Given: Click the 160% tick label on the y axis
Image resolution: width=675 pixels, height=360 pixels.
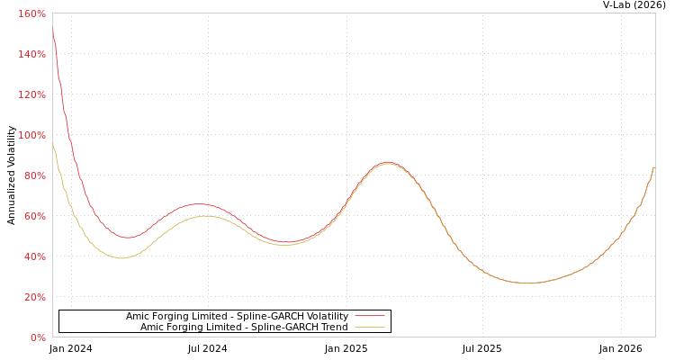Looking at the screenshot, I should tap(31, 14).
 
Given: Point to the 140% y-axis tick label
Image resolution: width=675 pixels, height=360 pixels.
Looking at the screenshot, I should tap(31, 55).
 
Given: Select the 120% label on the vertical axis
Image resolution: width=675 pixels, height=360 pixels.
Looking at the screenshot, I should tap(31, 95).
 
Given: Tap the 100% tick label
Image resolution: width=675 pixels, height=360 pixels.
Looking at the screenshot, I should tap(31, 136).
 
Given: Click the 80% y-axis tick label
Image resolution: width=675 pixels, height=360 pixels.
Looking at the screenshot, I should tap(33, 176).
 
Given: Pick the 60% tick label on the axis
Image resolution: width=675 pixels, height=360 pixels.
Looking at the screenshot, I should tap(33, 217).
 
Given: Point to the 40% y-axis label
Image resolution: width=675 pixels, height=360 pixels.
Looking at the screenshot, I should tap(33, 257).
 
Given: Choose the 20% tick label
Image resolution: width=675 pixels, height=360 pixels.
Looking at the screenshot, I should tap(33, 298).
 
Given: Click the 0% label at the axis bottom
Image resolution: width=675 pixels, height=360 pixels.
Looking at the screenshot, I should tap(37, 338).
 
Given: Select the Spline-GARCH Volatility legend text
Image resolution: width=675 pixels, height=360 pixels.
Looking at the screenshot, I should tap(237, 317).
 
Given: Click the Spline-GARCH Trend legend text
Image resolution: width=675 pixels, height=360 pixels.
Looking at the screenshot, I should tap(244, 328).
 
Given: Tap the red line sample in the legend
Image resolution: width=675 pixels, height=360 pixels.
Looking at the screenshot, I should tap(369, 317).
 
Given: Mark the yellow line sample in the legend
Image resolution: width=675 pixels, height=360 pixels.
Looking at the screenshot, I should tap(369, 328).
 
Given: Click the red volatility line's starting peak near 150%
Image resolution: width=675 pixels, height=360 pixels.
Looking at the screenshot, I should tap(52, 31).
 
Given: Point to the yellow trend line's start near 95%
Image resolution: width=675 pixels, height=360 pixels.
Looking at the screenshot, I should tap(52, 142).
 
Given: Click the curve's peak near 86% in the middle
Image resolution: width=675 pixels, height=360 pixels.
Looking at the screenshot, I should tap(387, 163).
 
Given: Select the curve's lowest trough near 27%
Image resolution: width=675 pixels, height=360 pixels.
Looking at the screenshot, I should tap(528, 283).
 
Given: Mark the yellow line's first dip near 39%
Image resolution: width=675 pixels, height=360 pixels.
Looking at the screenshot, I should tap(121, 258).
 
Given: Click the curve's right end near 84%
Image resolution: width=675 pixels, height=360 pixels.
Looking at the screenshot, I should tap(653, 168).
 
